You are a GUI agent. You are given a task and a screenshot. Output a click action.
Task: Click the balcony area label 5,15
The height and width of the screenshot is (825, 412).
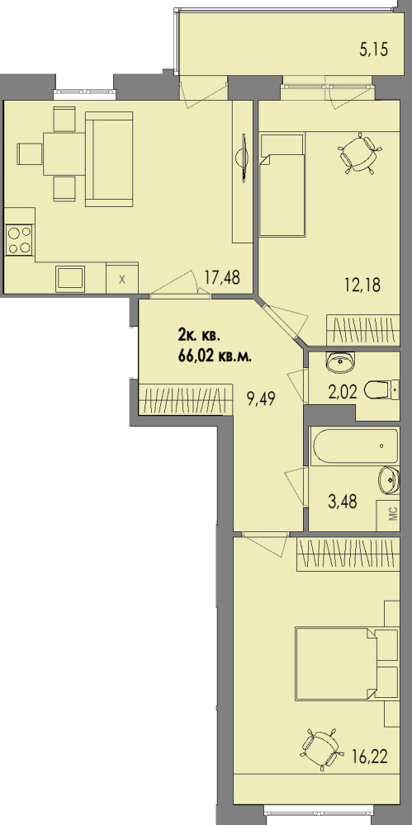coord(373,50)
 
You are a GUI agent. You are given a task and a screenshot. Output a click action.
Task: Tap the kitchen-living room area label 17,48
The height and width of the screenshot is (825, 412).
coord(222,277)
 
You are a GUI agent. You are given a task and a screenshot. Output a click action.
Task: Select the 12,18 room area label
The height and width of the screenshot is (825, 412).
coord(361,285)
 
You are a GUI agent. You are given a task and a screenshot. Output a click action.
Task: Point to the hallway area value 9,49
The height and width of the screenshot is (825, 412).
coord(262,398)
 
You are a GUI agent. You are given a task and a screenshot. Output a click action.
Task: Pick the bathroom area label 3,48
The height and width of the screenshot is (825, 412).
coord(343,501)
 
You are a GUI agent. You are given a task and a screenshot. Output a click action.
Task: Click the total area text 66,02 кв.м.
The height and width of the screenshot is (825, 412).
coord(215,355)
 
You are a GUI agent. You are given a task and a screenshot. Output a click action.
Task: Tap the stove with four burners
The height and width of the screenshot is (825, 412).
coord(18,239)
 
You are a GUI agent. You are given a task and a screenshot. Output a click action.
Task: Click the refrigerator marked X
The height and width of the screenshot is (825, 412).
coord(122,278)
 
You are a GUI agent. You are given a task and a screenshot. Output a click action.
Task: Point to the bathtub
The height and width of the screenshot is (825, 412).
coord(354,446)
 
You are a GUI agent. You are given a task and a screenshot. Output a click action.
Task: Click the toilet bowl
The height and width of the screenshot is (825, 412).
coord(381,390)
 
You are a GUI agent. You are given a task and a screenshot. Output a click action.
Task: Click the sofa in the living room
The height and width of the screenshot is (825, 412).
coord(109,159)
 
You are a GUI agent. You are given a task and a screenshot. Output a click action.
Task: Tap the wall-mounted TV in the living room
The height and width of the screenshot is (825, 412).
coord(244,158)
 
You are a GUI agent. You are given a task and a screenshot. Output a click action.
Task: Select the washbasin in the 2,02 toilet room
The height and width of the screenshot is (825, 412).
coord(340,361)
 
